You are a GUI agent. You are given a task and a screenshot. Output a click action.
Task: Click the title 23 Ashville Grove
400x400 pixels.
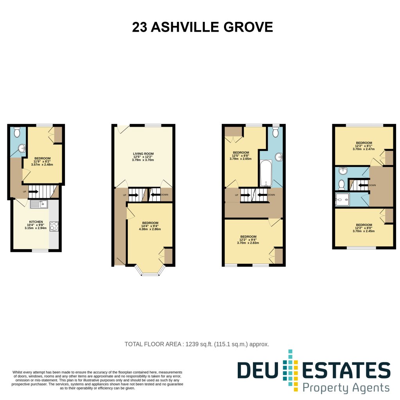click(203, 27)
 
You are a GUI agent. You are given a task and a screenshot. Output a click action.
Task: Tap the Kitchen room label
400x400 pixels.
click(36, 222)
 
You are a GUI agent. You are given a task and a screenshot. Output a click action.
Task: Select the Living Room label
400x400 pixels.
click(143, 154)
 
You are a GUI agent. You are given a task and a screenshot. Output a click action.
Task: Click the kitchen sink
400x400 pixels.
click(39, 204)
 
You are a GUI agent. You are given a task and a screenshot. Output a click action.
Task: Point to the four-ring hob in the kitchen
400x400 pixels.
click(54, 226)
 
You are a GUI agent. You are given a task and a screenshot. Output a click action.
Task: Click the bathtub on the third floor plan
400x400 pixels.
click(266, 173)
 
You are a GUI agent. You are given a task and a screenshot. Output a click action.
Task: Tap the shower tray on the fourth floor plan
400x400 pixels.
click(342, 199)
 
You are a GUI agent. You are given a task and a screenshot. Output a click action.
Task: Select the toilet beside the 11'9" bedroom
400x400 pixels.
click(17, 132)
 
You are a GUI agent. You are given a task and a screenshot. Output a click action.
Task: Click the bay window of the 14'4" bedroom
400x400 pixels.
click(150, 271)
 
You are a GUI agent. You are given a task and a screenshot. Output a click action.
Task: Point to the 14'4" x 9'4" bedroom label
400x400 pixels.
click(150, 226)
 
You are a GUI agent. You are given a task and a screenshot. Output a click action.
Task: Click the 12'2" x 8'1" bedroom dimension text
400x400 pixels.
click(364, 147)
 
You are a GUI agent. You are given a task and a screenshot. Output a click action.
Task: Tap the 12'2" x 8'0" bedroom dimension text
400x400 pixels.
click(364, 230)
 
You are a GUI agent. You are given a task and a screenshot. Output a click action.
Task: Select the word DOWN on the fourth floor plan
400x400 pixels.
click(372, 185)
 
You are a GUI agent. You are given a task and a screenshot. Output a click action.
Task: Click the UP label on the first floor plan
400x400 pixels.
click(25, 192)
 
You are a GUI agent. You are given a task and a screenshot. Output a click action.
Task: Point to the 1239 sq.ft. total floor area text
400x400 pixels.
click(197, 344)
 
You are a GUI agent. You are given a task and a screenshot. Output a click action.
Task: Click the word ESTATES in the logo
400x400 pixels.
click(346, 370)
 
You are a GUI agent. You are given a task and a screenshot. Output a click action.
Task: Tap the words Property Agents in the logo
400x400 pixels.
click(346, 388)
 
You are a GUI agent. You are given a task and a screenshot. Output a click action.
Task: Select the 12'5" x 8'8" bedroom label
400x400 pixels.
click(240, 156)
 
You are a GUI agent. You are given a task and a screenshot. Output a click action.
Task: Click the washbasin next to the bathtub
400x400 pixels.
click(279, 157)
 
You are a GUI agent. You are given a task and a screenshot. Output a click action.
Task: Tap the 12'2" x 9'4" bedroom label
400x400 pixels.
click(248, 240)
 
